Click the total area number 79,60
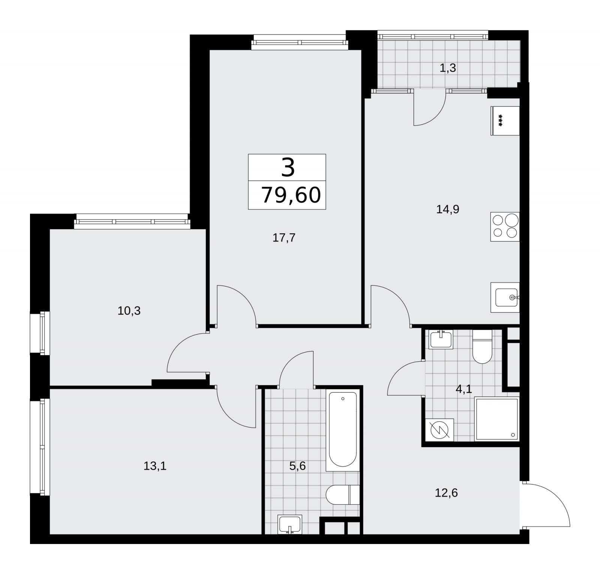coord(291,195)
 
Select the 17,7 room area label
coord(284,238)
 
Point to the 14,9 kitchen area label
coord(448,209)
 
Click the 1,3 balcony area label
coord(448,68)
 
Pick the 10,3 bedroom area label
coord(129,311)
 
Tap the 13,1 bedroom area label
coord(155,466)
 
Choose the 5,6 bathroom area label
coord(298,466)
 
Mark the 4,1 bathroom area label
coord(464,389)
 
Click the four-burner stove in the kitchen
coord(505,226)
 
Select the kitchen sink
coord(505,297)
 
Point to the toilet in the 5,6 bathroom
coord(342,495)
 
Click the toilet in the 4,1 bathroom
coord(482,347)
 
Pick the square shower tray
coord(497,419)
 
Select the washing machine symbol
coord(439,430)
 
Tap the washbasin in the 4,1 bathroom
coord(441,339)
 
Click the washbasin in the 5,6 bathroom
coord(289,524)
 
